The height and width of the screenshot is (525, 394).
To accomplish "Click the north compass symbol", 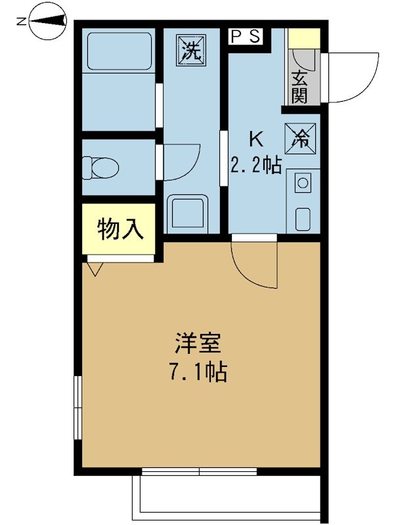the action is coord(47,22).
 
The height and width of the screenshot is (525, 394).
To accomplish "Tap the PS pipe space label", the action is coord(246,37).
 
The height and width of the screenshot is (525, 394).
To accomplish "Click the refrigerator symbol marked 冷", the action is coord(300,138).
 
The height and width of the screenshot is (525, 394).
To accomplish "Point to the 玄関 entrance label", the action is coord(299,87).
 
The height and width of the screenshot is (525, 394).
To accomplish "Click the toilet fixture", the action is coord(100,167).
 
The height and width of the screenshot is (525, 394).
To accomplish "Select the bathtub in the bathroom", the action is coord(120,52).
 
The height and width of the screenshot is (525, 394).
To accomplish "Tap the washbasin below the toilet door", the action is coord(187,213).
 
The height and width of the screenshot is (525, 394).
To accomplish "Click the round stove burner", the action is coord(303,183).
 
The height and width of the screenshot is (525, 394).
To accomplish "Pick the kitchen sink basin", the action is coord(303,220).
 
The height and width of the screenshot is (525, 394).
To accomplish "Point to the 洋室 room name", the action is coord(198,343).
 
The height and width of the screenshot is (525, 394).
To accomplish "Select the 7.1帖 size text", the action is coord(198,371).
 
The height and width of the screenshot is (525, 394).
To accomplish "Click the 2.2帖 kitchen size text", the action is coord(255,165).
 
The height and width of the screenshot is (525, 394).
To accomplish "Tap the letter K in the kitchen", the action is coord(257,139).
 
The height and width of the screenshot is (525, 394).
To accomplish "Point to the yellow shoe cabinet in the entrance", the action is coord(304,38).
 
